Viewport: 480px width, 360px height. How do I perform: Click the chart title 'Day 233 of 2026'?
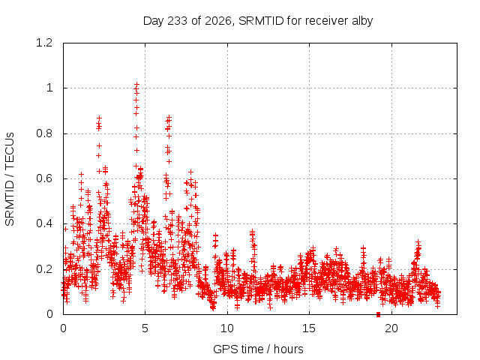[x=187, y=21]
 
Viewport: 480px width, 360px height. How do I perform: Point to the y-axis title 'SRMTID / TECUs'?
[x=10, y=179]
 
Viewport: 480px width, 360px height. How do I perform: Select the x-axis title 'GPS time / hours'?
[x=258, y=349]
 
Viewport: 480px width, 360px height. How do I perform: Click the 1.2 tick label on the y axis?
[x=44, y=43]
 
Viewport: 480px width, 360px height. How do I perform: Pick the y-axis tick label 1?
[x=49, y=88]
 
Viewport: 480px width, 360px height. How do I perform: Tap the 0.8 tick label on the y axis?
[x=44, y=133]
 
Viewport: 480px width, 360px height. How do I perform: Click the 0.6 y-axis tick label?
[x=44, y=178]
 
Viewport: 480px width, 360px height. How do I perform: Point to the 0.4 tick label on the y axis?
[x=44, y=223]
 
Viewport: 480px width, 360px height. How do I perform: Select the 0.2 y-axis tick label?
[x=44, y=269]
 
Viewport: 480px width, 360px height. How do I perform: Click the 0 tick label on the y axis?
[x=49, y=314]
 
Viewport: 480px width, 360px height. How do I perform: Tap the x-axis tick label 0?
[x=63, y=328]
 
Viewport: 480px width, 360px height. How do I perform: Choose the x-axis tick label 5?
[x=145, y=328]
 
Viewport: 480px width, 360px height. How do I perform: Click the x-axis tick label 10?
[x=227, y=328]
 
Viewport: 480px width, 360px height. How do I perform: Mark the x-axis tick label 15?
[x=309, y=328]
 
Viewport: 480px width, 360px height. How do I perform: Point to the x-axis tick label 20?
[x=391, y=328]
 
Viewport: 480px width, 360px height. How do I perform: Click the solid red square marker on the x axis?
[x=378, y=314]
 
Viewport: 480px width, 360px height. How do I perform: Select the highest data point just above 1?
[x=136, y=83]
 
